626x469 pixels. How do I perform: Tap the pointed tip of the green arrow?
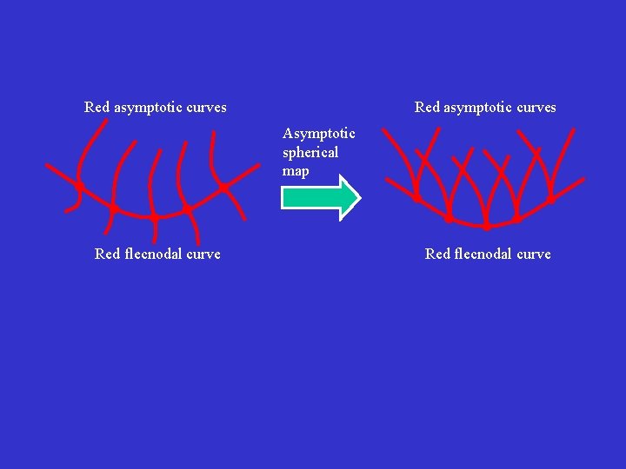(x=358, y=197)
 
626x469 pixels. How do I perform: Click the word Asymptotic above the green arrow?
(x=318, y=133)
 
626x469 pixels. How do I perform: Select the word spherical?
(x=310, y=152)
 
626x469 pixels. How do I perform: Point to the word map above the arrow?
(x=296, y=171)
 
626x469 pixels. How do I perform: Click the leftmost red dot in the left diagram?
(x=78, y=186)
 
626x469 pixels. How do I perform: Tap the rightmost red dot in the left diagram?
(x=223, y=187)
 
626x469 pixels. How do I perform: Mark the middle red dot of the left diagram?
(x=152, y=215)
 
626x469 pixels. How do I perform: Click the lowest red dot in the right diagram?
(x=486, y=226)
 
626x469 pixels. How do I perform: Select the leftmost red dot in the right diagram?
(x=417, y=199)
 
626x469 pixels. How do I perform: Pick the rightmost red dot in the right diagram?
(x=550, y=200)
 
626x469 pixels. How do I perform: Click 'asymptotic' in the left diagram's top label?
(x=149, y=108)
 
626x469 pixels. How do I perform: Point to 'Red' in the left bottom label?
(x=107, y=254)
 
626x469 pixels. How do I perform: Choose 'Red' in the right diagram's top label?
(x=427, y=108)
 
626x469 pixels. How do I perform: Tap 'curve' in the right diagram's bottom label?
(x=534, y=254)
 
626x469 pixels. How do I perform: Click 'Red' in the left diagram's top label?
(x=97, y=108)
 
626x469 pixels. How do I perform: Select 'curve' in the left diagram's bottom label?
(x=203, y=254)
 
